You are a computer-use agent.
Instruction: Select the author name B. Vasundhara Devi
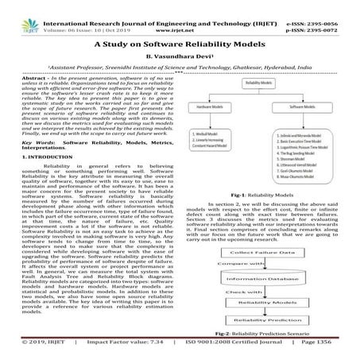(180, 60)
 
